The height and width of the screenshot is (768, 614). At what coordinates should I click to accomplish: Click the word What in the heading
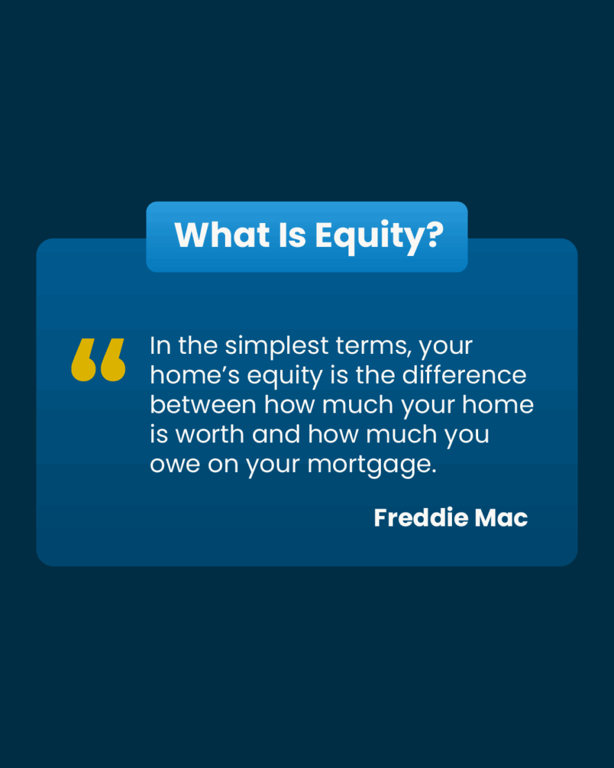point(222,235)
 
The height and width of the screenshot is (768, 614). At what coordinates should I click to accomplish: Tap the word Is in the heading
point(293,235)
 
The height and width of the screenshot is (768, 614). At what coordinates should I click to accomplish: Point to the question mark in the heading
point(429,235)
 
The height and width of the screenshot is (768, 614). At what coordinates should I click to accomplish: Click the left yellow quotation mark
point(83,360)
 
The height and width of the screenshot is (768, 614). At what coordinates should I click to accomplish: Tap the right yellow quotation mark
point(113,360)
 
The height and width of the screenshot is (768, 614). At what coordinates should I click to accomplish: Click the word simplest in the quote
point(277,347)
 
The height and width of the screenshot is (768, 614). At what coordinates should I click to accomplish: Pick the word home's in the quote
point(195,375)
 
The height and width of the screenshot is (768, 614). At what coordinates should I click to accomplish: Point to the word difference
point(464,375)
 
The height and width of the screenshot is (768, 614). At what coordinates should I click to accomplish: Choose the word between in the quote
point(204,405)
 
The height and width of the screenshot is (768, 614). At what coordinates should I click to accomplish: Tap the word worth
point(210,435)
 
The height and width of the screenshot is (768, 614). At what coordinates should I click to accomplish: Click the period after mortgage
point(434,472)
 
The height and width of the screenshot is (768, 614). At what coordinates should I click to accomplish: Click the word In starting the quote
point(160,346)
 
